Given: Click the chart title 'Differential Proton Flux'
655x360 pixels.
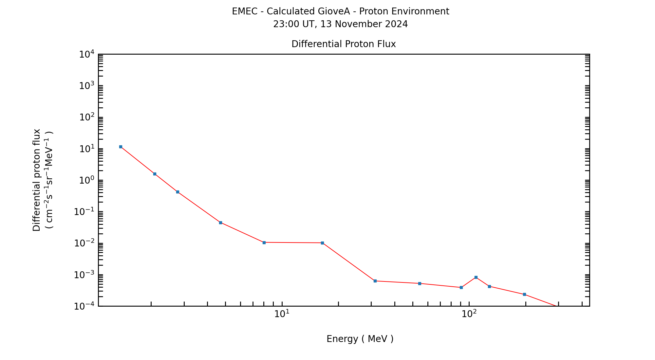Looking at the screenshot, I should click(x=344, y=44).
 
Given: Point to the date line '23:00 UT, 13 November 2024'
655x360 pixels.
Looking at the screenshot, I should click(x=340, y=24).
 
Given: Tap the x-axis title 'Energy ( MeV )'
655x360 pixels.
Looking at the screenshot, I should click(x=360, y=339).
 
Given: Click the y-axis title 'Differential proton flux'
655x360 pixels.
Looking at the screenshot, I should click(x=37, y=180).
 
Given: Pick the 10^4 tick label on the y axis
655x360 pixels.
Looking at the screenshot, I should click(x=87, y=54).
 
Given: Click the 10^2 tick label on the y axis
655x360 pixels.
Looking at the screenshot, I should click(x=87, y=117).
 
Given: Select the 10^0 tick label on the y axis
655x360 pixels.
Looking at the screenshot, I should click(x=87, y=180).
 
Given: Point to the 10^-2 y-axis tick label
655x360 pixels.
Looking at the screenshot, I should click(x=84, y=243).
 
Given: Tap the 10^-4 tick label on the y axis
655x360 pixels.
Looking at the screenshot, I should click(x=84, y=306).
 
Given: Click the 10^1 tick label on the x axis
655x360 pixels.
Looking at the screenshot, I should click(x=282, y=314).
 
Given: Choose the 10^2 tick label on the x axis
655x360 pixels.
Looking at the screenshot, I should click(x=469, y=314).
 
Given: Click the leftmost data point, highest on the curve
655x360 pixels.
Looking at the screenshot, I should click(x=121, y=147).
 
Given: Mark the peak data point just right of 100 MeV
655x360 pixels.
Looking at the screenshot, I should click(x=476, y=277).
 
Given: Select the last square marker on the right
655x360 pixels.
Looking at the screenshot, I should click(x=524, y=294).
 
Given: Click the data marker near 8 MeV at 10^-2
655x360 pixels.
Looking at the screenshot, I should click(x=264, y=243).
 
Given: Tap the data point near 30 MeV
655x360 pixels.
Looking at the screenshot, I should click(x=375, y=281).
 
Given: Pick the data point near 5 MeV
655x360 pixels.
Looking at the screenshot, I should click(x=220, y=223).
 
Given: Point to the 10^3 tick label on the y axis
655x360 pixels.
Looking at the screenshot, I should click(x=87, y=86).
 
